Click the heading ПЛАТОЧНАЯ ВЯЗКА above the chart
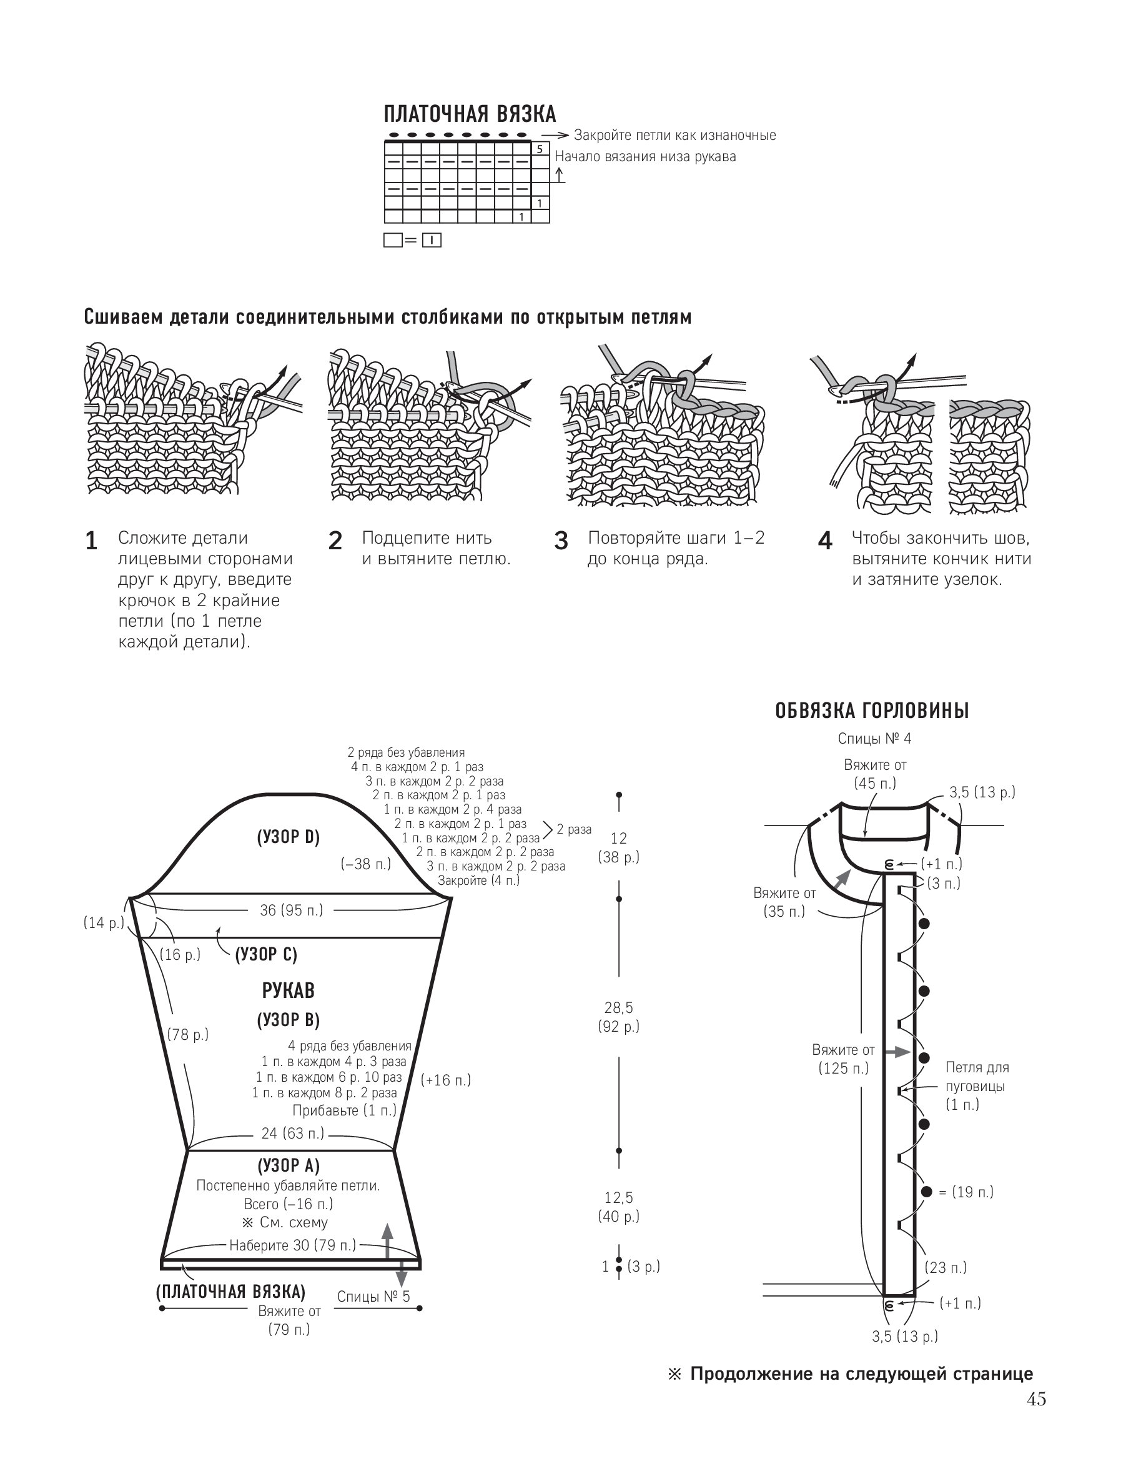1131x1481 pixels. (x=470, y=114)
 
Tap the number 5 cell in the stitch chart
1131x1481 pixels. (x=539, y=149)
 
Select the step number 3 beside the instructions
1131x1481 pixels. (x=561, y=541)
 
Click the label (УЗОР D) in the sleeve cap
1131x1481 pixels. (x=288, y=837)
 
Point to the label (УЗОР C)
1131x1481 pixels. (x=266, y=954)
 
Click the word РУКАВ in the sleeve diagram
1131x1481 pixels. (x=288, y=990)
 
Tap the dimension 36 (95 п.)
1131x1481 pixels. (x=291, y=910)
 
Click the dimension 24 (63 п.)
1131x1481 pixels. (x=292, y=1133)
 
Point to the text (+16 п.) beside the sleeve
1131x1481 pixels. (x=446, y=1080)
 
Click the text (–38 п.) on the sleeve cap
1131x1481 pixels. (x=365, y=864)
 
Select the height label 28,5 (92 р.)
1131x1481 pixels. (x=619, y=1016)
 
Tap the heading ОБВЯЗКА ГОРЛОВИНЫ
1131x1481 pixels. (x=872, y=711)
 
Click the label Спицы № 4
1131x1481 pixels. (x=874, y=738)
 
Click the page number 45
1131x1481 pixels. (x=1036, y=1400)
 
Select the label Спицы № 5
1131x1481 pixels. (x=373, y=1297)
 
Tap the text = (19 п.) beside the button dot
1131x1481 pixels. (x=966, y=1192)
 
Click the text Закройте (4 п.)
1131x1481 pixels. (x=478, y=880)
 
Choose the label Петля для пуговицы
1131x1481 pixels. (x=977, y=1076)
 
